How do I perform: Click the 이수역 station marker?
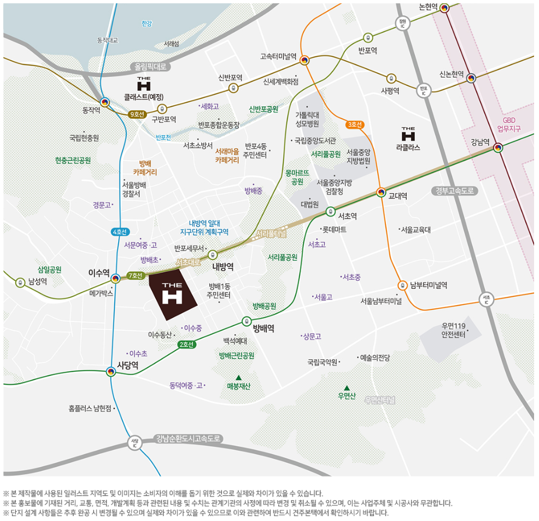point(115,279)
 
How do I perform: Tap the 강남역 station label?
point(481,142)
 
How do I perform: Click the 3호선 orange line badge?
point(355,125)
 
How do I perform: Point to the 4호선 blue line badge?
point(119,231)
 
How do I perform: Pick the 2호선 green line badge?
point(186,344)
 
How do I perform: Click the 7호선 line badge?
point(135,275)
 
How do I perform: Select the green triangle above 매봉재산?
point(238,377)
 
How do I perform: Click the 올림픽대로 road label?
point(150,67)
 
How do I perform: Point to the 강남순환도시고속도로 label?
point(188,438)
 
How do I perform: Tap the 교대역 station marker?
point(381,192)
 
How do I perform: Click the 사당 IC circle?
point(134,442)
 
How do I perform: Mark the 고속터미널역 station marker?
point(304,60)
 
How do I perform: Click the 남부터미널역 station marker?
point(402,285)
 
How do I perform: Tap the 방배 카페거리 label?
point(145,167)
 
